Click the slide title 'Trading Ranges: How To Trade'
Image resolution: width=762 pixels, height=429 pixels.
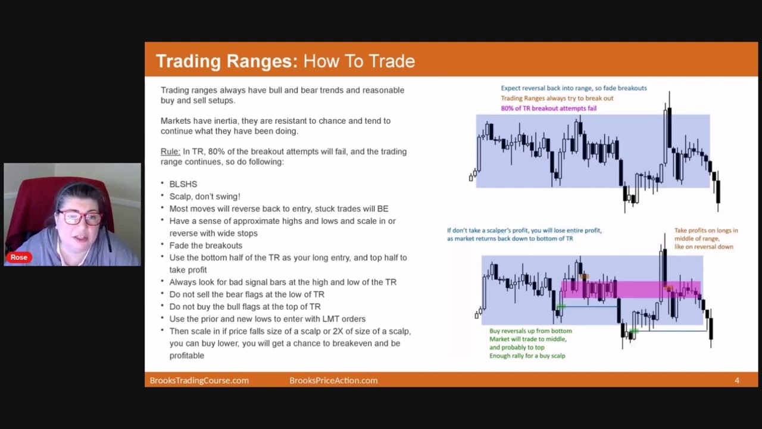click(x=285, y=61)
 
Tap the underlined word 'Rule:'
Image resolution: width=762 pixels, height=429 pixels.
click(x=170, y=151)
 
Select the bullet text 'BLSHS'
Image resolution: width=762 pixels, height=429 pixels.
click(x=183, y=184)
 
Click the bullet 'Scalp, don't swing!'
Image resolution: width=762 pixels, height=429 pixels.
click(x=205, y=196)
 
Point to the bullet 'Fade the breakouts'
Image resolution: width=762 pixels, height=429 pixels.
click(x=205, y=245)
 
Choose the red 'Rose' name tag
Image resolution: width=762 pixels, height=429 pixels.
click(x=18, y=257)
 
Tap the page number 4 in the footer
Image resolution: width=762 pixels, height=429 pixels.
click(x=736, y=380)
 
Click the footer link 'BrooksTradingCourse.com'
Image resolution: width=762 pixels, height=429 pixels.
click(x=199, y=380)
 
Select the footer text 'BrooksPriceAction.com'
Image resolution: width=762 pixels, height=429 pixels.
click(x=333, y=380)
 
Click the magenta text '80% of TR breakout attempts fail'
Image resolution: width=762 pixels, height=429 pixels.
click(x=548, y=108)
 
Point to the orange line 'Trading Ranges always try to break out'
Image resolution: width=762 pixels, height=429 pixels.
click(x=557, y=98)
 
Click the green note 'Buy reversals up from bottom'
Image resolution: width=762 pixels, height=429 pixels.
click(x=530, y=331)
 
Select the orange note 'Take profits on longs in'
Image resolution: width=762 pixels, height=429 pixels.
click(x=706, y=231)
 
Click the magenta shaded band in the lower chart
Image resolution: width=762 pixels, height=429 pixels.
click(x=631, y=290)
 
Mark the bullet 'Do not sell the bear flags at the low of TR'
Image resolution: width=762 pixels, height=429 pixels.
click(x=246, y=294)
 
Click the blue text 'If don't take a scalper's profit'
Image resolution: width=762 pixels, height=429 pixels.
click(x=524, y=231)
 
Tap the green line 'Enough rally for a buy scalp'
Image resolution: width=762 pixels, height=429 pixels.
click(x=527, y=356)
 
